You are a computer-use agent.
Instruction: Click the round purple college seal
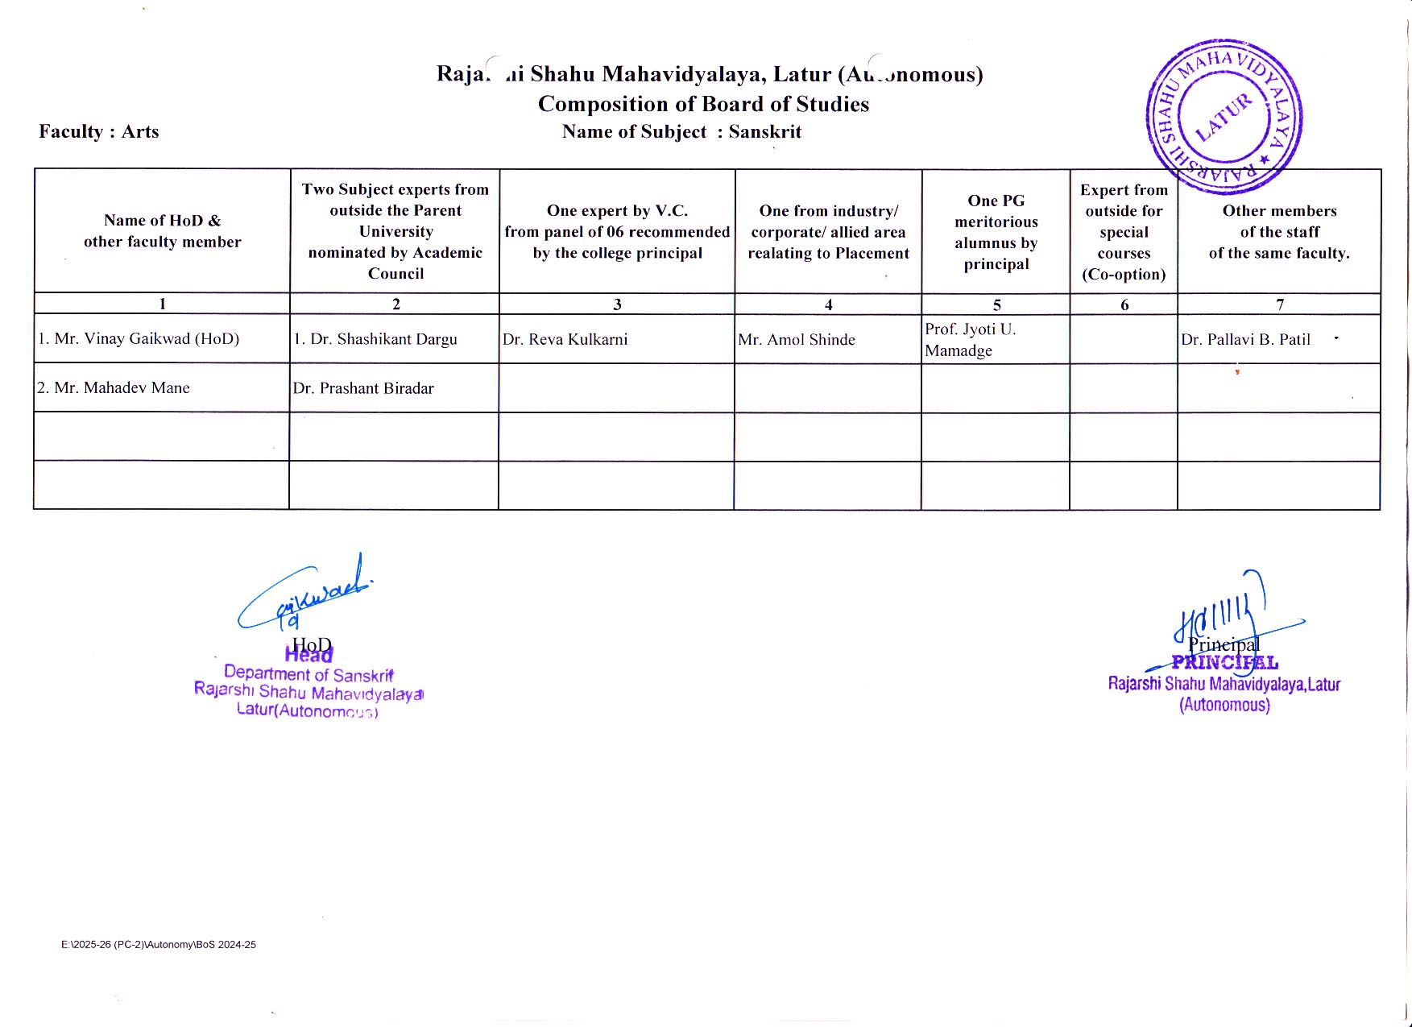[x=1224, y=118]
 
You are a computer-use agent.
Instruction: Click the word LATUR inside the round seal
[x=1224, y=118]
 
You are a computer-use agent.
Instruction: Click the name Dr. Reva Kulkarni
[x=565, y=339]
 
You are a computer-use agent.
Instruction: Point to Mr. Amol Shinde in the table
[x=797, y=340]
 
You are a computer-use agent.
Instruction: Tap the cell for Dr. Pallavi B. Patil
[x=1245, y=340]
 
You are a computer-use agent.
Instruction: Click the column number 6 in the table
[x=1124, y=304]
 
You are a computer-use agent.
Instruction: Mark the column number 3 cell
[x=617, y=304]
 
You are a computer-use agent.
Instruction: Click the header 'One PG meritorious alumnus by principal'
[x=996, y=232]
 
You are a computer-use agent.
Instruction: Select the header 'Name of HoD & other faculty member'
[x=162, y=231]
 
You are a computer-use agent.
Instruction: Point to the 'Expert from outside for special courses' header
[x=1124, y=232]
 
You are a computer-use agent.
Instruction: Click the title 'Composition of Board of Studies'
[x=703, y=104]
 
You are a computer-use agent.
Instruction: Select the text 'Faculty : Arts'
[x=99, y=131]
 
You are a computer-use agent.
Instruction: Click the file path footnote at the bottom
[x=159, y=944]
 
